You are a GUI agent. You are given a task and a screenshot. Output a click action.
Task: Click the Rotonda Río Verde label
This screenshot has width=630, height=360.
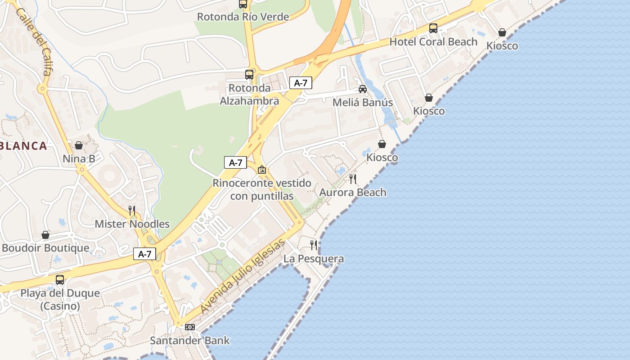(243, 17)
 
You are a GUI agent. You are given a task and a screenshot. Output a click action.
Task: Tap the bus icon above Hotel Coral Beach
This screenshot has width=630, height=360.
(433, 28)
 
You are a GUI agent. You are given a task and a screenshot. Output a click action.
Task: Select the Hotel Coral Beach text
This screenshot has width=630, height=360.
(433, 42)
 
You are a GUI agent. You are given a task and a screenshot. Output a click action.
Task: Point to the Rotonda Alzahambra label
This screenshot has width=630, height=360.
(249, 94)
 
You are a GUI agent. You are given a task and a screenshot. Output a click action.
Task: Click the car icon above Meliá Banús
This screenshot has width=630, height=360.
(363, 89)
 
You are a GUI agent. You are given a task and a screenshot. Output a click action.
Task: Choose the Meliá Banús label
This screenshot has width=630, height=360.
(363, 103)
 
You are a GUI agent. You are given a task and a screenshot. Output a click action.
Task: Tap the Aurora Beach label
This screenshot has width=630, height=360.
(353, 193)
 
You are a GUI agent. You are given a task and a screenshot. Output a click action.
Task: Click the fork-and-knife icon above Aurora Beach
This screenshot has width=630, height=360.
(353, 179)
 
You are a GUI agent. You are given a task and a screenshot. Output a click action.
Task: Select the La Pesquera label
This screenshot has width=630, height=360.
(314, 259)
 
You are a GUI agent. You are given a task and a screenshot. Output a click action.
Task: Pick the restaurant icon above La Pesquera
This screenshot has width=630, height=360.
(314, 245)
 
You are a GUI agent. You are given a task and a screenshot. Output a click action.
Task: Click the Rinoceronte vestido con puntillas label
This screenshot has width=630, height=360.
(262, 189)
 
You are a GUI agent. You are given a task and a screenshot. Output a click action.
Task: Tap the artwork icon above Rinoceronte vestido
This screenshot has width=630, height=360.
(262, 170)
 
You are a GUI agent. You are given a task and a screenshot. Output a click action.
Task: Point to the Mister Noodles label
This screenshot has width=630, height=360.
(132, 224)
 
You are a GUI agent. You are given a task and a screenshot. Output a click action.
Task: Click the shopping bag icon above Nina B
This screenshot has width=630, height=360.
(79, 145)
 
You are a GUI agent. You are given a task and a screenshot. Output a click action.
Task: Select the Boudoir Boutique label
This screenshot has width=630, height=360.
(45, 248)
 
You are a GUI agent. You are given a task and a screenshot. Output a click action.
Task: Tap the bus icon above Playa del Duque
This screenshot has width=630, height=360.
(60, 280)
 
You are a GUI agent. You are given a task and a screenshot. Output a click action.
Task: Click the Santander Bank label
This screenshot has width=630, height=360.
(189, 341)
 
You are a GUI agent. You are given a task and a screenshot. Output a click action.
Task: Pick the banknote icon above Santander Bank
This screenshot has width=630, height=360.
(190, 327)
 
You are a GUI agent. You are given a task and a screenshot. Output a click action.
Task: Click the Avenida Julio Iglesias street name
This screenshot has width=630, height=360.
(243, 276)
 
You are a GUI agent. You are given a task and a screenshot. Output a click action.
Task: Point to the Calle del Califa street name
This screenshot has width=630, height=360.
(34, 40)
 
